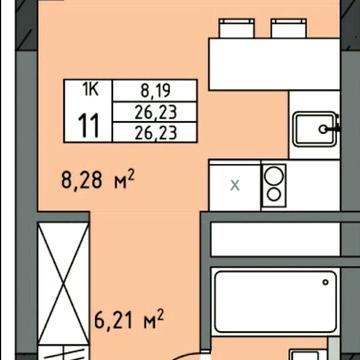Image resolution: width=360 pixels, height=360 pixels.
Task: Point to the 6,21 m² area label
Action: [128, 321]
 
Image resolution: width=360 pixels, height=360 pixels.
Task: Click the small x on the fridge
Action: [235, 185]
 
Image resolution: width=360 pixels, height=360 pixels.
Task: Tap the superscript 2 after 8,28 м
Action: [131, 176]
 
